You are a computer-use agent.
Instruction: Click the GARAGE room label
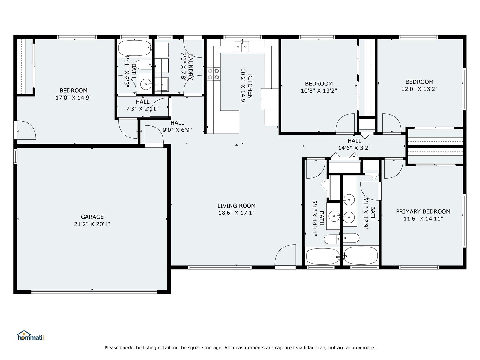tap(92, 217)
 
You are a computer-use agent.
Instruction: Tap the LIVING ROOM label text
tap(236, 206)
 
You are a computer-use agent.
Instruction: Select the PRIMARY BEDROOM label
tap(423, 211)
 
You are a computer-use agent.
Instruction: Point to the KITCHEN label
tap(250, 86)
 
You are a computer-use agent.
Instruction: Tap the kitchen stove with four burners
tap(214, 74)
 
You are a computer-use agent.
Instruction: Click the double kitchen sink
tap(242, 46)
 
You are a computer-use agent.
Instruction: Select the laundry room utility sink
tap(162, 84)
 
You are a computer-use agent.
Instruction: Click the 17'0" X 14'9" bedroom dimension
tap(73, 97)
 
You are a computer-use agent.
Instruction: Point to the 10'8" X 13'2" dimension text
tap(319, 91)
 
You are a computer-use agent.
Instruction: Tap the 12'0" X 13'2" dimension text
tap(419, 89)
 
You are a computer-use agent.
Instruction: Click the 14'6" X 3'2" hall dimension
tap(354, 148)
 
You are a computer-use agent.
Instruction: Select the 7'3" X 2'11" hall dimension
tap(142, 109)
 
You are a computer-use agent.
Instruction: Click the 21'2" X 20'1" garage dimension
tap(92, 224)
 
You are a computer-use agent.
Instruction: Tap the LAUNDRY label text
tap(190, 67)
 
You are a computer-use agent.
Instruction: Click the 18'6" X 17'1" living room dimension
tap(236, 213)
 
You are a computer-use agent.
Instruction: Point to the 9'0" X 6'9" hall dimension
tap(177, 130)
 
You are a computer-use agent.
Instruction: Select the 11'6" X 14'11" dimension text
tap(423, 219)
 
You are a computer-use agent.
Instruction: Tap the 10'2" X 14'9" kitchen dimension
tap(243, 86)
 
